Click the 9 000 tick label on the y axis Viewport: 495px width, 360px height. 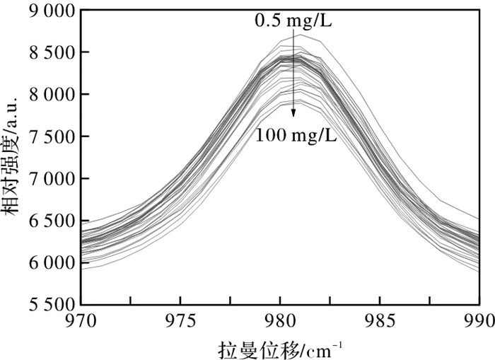(x=51, y=11)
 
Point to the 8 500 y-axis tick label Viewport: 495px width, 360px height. (x=51, y=52)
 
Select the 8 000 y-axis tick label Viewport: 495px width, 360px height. (x=51, y=95)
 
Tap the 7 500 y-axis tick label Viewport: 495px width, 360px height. (x=51, y=137)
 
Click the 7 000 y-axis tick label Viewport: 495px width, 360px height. (x=51, y=179)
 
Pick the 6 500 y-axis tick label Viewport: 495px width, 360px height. (x=51, y=221)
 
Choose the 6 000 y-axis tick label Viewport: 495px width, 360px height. (x=51, y=263)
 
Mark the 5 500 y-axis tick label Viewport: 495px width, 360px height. (x=51, y=305)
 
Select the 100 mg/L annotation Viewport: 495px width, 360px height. (x=296, y=134)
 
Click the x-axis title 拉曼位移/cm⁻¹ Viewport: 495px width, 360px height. (x=281, y=348)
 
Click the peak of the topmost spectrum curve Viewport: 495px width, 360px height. (x=300, y=34)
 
